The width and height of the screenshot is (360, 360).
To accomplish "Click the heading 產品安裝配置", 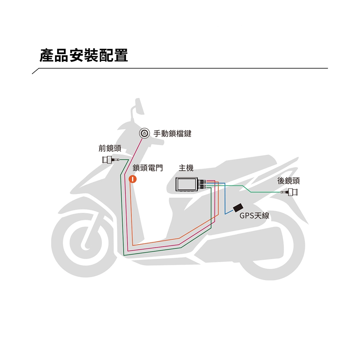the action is [x=84, y=55].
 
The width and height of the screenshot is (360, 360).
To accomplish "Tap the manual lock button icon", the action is [x=144, y=133].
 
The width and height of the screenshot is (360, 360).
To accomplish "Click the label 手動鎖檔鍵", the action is [x=172, y=134].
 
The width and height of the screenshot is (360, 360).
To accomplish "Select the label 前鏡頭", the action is [x=110, y=148].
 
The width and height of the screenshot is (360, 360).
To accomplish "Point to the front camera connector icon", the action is [x=111, y=159].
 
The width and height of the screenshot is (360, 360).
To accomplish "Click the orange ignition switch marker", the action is [x=133, y=179].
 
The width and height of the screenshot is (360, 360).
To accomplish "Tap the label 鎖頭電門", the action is [x=148, y=168].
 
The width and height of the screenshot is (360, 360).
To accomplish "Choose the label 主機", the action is [x=186, y=168].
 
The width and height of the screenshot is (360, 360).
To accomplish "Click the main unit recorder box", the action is [x=187, y=184].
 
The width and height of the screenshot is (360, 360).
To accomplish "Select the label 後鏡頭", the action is [x=288, y=181].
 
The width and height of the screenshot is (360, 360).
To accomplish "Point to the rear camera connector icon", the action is [x=289, y=192].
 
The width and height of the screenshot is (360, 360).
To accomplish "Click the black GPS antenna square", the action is [x=238, y=207].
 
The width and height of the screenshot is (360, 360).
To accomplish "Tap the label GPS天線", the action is [x=255, y=216].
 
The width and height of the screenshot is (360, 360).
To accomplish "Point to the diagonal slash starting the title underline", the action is [x=36, y=71].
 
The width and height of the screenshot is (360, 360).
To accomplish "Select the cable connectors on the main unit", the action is [x=202, y=184].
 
